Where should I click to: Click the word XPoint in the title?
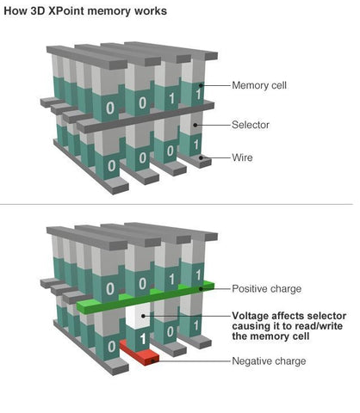pos(71,11)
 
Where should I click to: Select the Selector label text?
pos(251,125)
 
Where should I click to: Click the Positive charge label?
pos(268,288)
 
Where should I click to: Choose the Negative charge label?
pos(269,361)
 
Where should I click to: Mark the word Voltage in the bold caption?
pos(251,315)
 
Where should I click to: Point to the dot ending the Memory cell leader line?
pos(201,85)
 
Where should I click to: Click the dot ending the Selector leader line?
pos(196,125)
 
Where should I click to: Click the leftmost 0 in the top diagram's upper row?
pos(109,108)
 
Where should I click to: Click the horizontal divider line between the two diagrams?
pos(180,205)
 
